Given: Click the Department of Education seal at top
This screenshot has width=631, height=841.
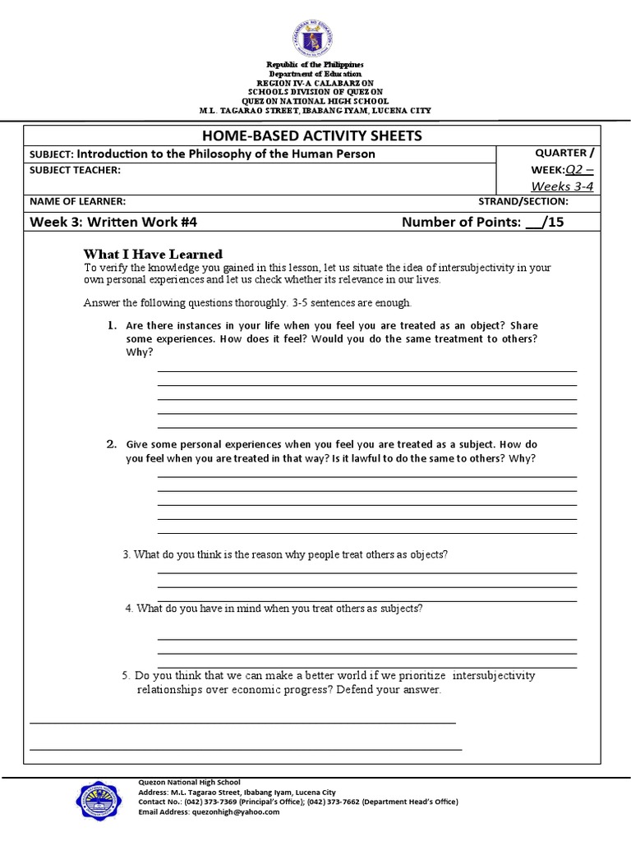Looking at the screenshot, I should coord(315,34).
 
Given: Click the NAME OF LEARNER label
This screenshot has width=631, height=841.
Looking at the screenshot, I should coord(78,201).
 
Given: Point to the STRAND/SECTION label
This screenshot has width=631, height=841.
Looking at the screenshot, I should coord(523,201).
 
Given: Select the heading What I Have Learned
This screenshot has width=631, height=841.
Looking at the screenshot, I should coord(153,254).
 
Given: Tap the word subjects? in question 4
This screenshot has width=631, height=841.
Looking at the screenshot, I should coord(402,609).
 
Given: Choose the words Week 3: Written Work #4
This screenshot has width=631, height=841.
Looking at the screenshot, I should coord(113,221).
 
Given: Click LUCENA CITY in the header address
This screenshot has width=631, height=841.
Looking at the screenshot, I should coord(402,111).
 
